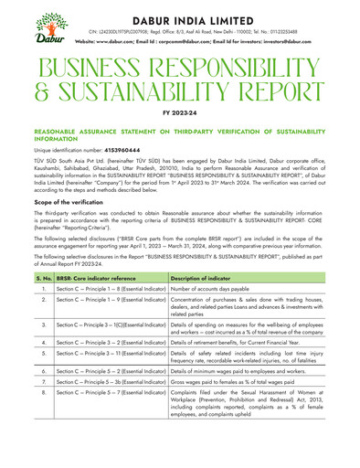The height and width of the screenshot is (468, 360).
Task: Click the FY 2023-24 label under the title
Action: pos(180,113)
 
